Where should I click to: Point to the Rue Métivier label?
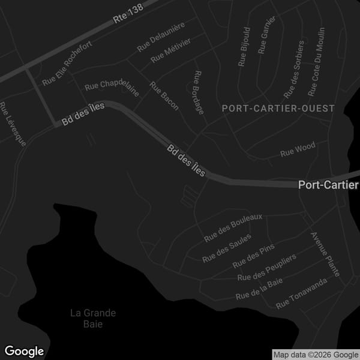click(x=171, y=52)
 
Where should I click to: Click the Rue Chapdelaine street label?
click(x=112, y=88)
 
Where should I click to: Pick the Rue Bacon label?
click(x=164, y=96)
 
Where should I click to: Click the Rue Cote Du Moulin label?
click(x=316, y=62)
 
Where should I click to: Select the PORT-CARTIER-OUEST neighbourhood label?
click(x=278, y=109)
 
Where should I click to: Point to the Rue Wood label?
click(x=298, y=150)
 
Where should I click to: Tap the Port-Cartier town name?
click(x=328, y=185)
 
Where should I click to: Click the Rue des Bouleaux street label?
click(x=233, y=228)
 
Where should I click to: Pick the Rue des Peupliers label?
click(x=267, y=268)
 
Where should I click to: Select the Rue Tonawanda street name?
click(x=301, y=293)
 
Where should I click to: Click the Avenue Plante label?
click(x=325, y=253)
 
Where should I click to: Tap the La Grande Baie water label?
click(x=93, y=319)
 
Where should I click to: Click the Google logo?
click(x=25, y=351)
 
